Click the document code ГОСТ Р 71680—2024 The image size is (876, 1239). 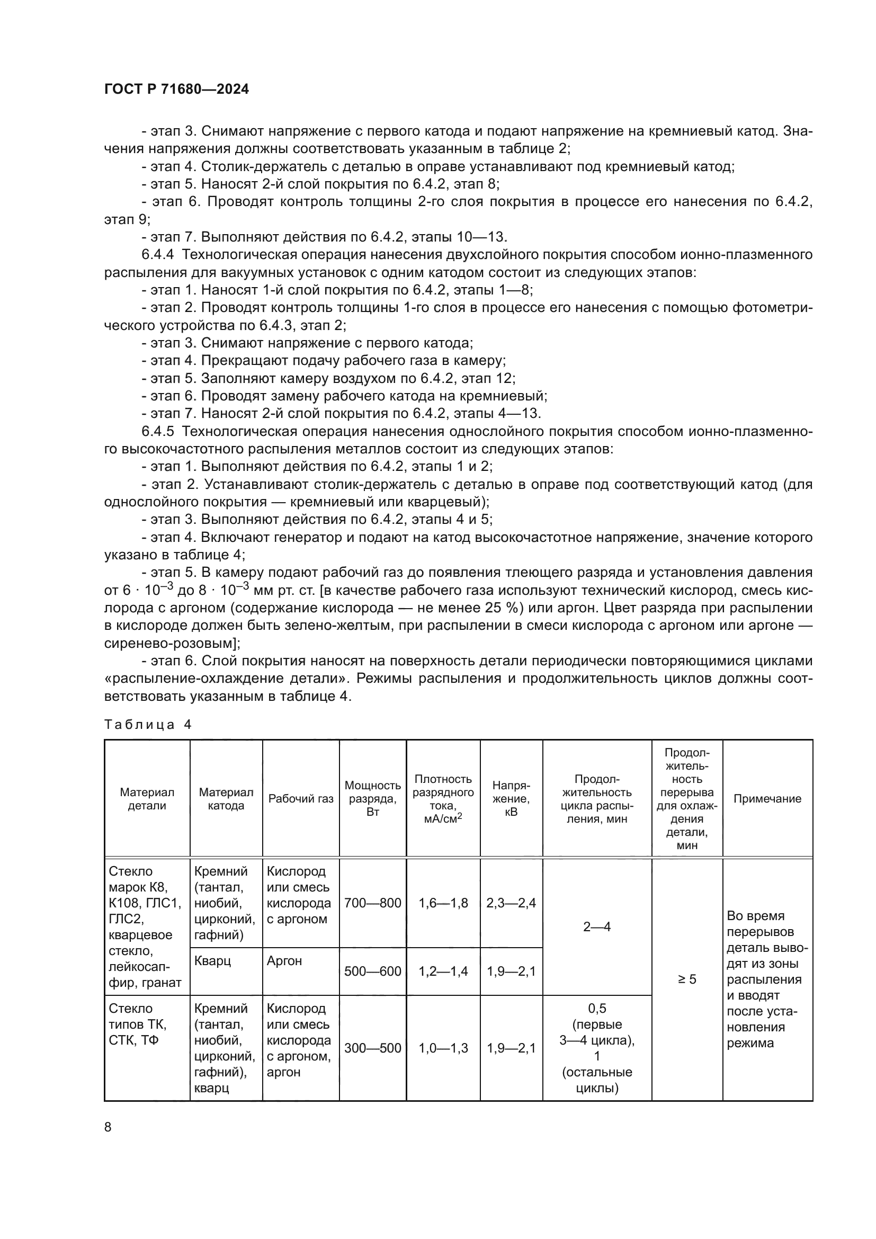(x=176, y=90)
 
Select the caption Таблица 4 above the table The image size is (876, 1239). (x=148, y=725)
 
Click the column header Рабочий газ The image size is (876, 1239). (x=301, y=799)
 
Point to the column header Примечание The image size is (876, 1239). (x=767, y=799)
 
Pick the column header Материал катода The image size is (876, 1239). (x=226, y=799)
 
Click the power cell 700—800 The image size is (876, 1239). (x=373, y=903)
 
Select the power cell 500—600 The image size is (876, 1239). (x=373, y=971)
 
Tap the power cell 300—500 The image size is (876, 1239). (x=373, y=1048)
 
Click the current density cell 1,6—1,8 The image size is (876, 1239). (x=443, y=903)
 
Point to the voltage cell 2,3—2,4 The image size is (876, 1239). (x=511, y=903)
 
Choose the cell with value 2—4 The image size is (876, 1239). (x=596, y=927)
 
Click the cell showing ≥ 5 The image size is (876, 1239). (x=687, y=979)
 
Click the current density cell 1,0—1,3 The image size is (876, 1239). (x=443, y=1048)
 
